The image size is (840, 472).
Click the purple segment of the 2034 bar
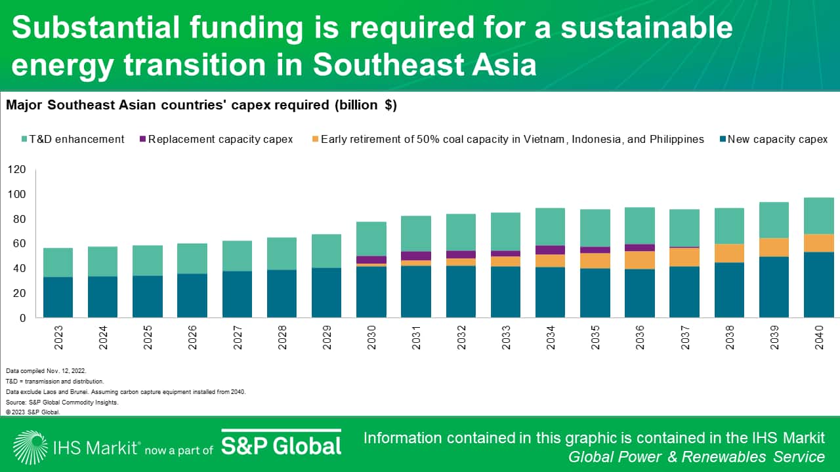(x=550, y=250)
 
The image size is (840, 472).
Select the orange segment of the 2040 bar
(x=818, y=243)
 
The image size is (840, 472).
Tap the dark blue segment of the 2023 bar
(x=58, y=298)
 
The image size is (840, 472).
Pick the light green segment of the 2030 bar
(x=371, y=239)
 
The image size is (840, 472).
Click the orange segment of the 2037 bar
(x=684, y=257)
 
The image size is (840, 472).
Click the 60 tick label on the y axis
(x=19, y=244)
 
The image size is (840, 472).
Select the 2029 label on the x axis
(x=326, y=337)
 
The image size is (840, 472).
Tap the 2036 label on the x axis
(x=640, y=337)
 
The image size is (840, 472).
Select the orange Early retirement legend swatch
(x=315, y=140)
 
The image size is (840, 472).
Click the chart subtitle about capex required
(x=201, y=105)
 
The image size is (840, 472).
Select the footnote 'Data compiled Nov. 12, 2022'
(x=45, y=370)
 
